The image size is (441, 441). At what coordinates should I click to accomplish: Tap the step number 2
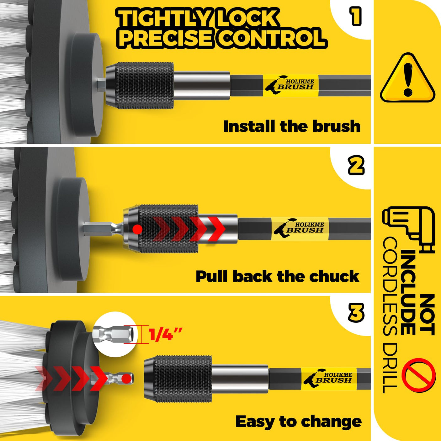click(x=356, y=165)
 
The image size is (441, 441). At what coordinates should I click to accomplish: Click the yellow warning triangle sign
click(x=407, y=78)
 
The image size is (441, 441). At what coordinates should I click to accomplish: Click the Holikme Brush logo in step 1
click(x=291, y=85)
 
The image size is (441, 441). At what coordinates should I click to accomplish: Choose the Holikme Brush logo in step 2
click(x=300, y=228)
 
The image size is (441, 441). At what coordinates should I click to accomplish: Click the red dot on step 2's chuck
click(x=137, y=229)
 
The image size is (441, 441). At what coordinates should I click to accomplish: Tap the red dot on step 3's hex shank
click(x=126, y=379)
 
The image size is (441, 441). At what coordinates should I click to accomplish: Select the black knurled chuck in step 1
click(x=139, y=85)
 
